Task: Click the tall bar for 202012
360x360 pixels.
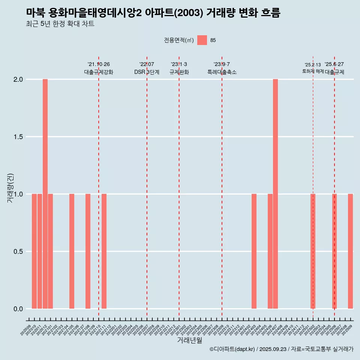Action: pos(45,194)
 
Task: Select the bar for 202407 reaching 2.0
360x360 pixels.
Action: pos(275,194)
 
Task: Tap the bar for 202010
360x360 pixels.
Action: pos(34,251)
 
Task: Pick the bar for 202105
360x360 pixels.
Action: pos(72,251)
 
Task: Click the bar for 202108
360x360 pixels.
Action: pos(88,251)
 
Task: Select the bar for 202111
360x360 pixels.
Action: pos(104,251)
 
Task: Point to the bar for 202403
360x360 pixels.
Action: pos(254,251)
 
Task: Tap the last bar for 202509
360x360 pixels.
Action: pos(350,251)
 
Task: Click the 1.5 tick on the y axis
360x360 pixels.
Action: pos(18,137)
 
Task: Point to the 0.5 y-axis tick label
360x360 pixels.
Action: pos(18,251)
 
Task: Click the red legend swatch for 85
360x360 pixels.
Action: pos(202,40)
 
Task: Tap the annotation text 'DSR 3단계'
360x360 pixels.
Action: pos(147,72)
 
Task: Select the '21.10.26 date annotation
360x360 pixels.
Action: pos(99,64)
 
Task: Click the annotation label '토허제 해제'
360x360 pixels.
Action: pos(313,71)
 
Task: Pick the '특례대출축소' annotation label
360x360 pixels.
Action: pos(222,72)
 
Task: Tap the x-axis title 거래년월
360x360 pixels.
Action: pos(189,340)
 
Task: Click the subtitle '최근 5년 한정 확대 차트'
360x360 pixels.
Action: pos(60,24)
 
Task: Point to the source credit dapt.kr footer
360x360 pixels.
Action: pos(281,349)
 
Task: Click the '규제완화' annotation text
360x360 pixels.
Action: pos(179,72)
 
